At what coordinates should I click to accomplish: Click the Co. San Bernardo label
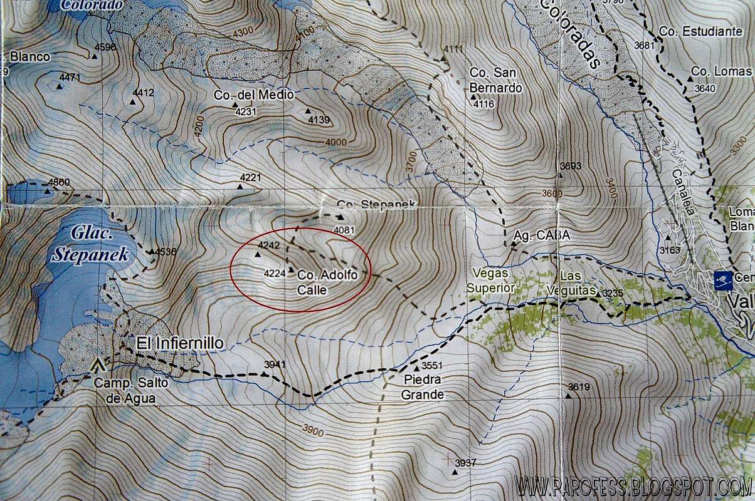pos(495,81)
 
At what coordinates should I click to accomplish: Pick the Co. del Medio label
pos(253,95)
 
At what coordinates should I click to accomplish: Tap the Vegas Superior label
pos(490,281)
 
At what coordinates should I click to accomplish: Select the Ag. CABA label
pos(541,235)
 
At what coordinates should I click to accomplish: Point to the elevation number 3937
pos(466,462)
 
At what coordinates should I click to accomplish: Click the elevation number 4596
pos(105,46)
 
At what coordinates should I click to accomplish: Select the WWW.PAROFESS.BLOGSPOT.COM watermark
pos(633,486)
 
